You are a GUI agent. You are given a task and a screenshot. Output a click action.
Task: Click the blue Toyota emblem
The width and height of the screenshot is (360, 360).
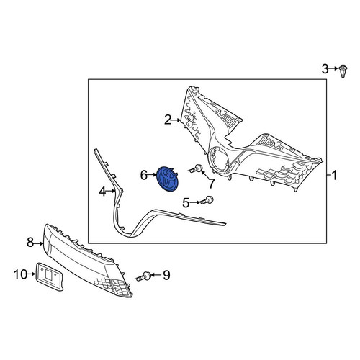(x=167, y=179)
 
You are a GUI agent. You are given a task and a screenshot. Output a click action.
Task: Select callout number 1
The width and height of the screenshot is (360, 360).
(x=334, y=176)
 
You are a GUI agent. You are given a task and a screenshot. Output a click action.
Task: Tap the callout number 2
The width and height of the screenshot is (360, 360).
(x=168, y=120)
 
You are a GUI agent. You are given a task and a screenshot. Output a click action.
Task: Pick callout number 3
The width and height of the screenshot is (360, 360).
(x=325, y=69)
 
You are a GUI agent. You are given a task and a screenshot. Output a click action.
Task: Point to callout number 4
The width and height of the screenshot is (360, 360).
(x=102, y=192)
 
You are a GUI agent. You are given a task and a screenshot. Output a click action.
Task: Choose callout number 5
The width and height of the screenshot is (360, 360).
(x=186, y=203)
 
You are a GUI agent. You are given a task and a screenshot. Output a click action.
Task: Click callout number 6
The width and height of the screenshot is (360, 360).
(x=144, y=175)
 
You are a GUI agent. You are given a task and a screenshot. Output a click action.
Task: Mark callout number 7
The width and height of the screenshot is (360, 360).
(x=211, y=184)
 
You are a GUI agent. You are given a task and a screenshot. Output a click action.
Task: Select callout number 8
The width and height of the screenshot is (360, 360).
(x=30, y=242)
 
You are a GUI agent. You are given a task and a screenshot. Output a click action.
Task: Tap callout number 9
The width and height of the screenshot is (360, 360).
(x=166, y=275)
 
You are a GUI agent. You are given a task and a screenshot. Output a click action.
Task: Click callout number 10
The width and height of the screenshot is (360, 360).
(x=20, y=274)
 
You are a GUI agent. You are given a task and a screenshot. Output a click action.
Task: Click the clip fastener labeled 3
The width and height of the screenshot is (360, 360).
(x=344, y=71)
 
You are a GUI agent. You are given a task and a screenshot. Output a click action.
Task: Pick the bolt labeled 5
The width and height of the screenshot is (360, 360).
(x=207, y=200)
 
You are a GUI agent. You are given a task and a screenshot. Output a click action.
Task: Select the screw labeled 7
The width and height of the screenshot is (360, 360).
(x=195, y=168)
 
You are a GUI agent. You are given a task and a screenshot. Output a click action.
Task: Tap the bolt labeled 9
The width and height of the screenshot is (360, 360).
(x=143, y=276)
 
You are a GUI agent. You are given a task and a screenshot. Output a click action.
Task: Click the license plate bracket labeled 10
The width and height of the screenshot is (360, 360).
(x=50, y=276)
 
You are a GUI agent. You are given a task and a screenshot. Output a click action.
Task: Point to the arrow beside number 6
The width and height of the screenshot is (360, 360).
(x=152, y=175)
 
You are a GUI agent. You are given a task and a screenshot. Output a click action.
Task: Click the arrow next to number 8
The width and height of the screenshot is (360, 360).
(x=39, y=243)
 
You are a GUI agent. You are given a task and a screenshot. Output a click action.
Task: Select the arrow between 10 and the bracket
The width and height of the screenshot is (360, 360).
(x=32, y=274)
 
